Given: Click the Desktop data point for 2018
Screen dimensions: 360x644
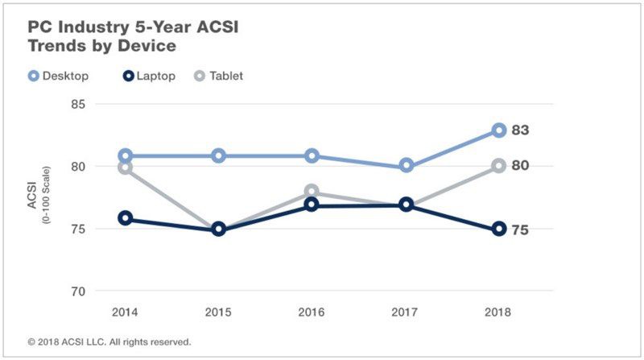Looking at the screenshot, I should (x=499, y=130).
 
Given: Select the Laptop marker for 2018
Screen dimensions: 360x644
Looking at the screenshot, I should (x=499, y=229).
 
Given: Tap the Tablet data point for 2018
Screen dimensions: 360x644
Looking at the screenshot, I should (x=499, y=166).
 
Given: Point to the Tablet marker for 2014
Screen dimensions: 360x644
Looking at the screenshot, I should (x=126, y=168).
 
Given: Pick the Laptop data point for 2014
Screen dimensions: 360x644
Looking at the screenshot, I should (x=126, y=218).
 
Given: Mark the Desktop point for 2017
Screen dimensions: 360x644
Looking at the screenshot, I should (x=407, y=166).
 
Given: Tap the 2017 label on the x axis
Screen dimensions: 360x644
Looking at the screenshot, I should (x=407, y=311).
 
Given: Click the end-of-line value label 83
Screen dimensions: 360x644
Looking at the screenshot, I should (x=521, y=130).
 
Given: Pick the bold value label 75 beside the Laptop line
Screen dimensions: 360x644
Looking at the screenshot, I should (x=521, y=230).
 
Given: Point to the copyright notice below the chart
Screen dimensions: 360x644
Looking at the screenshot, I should (x=109, y=341).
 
